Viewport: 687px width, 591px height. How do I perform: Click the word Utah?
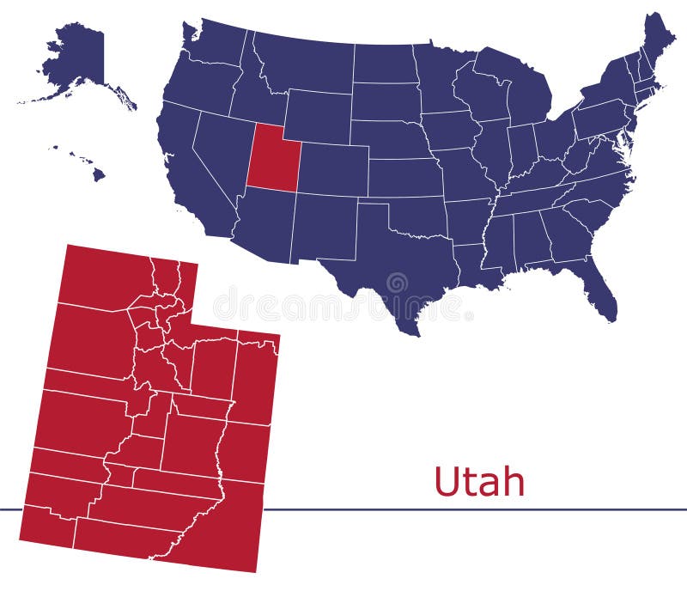[478, 482]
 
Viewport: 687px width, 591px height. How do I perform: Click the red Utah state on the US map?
[272, 161]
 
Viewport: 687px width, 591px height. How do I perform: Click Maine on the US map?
[657, 43]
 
